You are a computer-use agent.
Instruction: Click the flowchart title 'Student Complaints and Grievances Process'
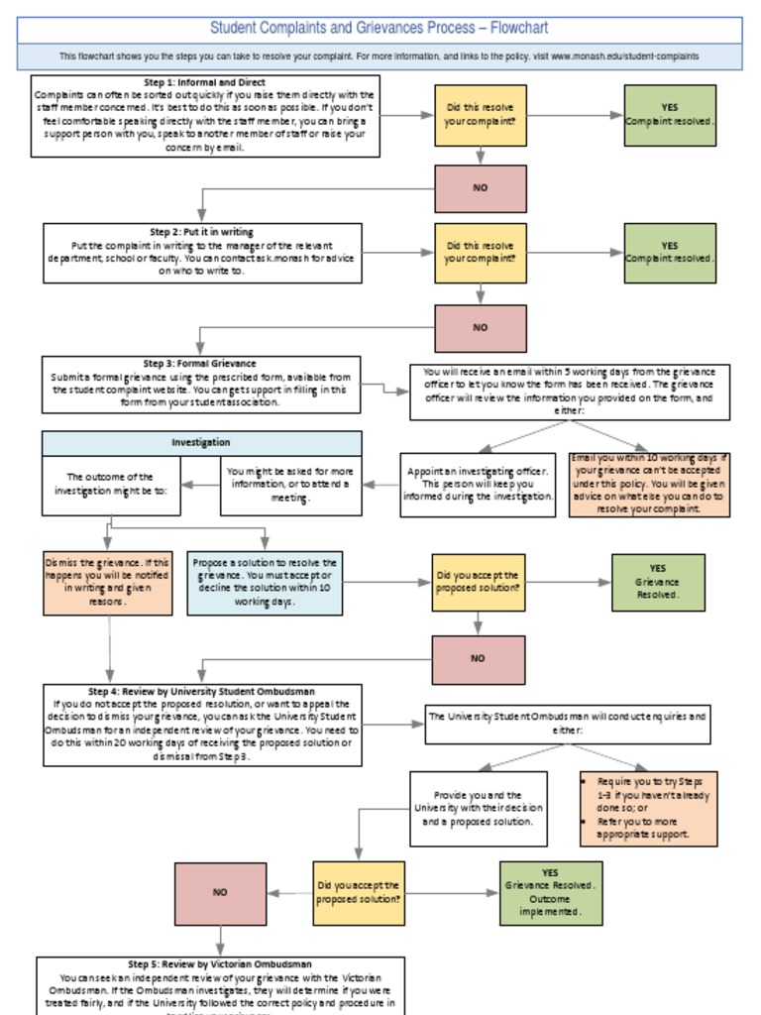pyautogui.click(x=379, y=28)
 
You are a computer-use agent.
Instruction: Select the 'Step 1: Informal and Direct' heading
pyautogui.click(x=205, y=82)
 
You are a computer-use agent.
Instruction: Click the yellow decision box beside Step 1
pyautogui.click(x=480, y=115)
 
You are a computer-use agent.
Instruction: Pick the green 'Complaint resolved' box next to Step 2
pyautogui.click(x=670, y=253)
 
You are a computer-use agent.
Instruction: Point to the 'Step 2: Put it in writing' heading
pyautogui.click(x=202, y=232)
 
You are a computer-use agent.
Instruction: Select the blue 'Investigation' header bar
pyautogui.click(x=201, y=442)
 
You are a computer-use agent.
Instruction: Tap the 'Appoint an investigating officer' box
pyautogui.click(x=480, y=485)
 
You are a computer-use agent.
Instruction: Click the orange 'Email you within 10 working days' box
pyautogui.click(x=649, y=484)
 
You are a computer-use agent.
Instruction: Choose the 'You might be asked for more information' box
pyautogui.click(x=290, y=485)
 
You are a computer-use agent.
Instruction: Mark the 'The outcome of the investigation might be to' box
pyautogui.click(x=111, y=485)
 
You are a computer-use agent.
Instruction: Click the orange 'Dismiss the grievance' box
pyautogui.click(x=108, y=582)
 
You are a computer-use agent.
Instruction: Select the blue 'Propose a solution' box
pyautogui.click(x=265, y=583)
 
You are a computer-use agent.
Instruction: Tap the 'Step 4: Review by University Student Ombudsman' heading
pyautogui.click(x=202, y=691)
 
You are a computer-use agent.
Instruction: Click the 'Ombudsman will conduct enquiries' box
pyautogui.click(x=568, y=723)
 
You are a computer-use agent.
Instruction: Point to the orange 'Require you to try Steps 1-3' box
pyautogui.click(x=649, y=808)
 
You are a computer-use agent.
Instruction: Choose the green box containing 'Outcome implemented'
pyautogui.click(x=550, y=892)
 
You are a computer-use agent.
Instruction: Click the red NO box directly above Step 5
pyautogui.click(x=220, y=892)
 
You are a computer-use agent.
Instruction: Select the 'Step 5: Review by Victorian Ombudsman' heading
pyautogui.click(x=220, y=963)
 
